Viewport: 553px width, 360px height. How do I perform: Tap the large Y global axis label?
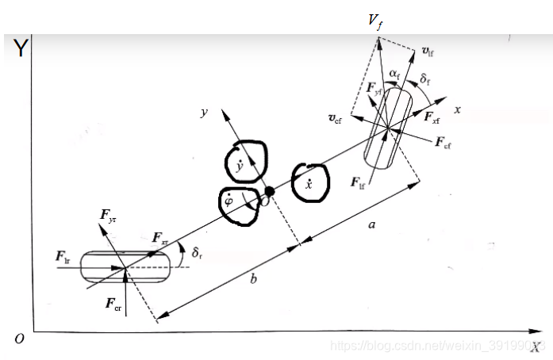[x=20, y=49]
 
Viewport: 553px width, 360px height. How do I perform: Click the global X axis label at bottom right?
[x=536, y=347]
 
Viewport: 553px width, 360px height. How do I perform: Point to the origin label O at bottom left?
[x=19, y=339]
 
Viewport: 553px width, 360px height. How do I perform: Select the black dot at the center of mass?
[x=270, y=191]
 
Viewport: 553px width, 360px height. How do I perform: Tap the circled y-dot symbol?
[x=240, y=166]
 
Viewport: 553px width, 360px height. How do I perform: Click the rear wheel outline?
[x=125, y=267]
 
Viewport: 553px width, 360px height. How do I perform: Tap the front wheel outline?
[x=386, y=126]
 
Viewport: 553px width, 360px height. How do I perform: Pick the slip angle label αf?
[x=394, y=73]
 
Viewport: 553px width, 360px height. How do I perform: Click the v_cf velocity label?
[x=336, y=118]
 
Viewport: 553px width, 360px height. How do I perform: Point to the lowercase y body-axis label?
[x=204, y=113]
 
